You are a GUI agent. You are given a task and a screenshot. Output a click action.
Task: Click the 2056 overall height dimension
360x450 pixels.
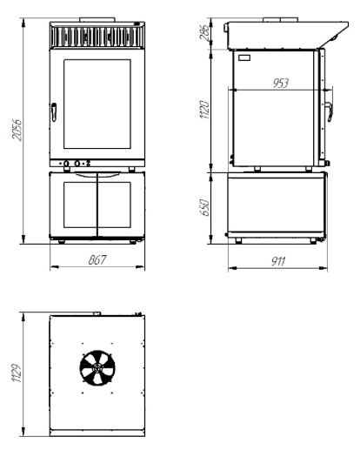[x=17, y=130]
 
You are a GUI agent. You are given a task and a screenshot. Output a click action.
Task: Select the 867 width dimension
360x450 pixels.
[x=97, y=259]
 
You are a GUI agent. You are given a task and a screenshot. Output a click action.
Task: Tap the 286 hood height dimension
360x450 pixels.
[x=203, y=32]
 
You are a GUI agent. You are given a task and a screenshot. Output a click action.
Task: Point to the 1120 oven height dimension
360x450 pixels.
[x=204, y=110]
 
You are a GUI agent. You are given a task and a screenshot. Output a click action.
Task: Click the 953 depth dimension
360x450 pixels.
[x=281, y=83]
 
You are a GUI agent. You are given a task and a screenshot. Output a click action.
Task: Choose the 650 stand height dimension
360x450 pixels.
[x=204, y=207]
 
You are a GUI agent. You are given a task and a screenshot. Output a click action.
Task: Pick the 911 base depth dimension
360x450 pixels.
[x=278, y=261]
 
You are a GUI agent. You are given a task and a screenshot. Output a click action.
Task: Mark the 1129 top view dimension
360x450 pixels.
[x=17, y=373]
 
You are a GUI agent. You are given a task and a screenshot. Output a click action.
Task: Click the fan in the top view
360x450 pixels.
[x=97, y=368]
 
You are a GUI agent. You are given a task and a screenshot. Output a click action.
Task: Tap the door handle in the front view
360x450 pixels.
[x=54, y=112]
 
